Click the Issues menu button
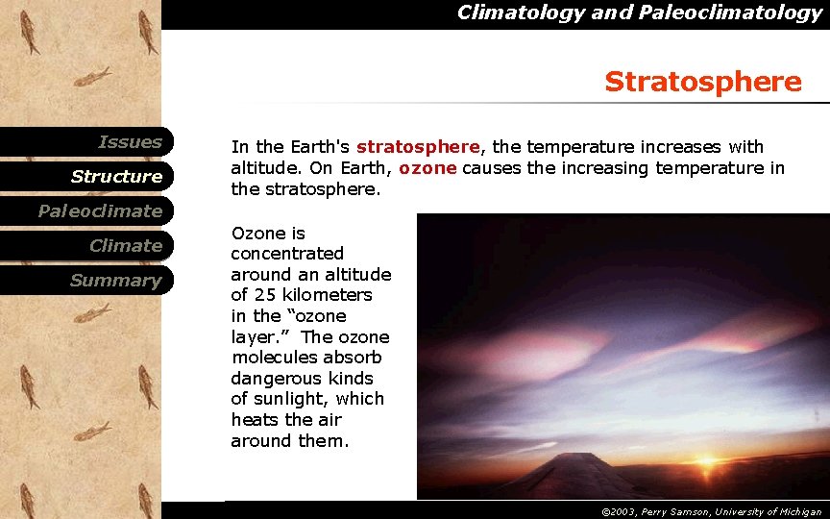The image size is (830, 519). click(x=130, y=142)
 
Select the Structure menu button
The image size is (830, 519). click(x=116, y=177)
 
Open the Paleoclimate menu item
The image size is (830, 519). click(x=100, y=211)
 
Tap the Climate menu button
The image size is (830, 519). click(x=125, y=246)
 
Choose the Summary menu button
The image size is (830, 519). click(x=115, y=281)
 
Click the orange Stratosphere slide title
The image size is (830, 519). click(x=702, y=83)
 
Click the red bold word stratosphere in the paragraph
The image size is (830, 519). click(x=417, y=147)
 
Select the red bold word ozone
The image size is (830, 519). click(x=427, y=168)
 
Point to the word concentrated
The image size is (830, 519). click(x=286, y=254)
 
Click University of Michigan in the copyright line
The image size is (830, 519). click(x=777, y=512)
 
